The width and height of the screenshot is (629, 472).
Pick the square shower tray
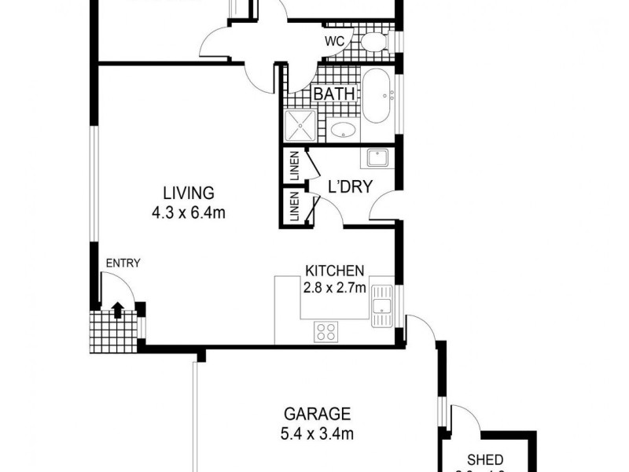click(300, 125)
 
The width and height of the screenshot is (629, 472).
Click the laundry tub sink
click(375, 158)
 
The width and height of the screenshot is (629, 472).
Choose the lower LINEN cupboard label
click(293, 207)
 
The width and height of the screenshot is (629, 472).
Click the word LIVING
click(189, 193)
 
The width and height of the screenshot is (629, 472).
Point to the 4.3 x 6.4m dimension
click(189, 212)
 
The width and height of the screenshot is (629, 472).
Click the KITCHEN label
click(334, 271)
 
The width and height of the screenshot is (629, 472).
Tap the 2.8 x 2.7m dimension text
click(334, 287)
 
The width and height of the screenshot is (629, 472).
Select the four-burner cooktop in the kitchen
click(326, 332)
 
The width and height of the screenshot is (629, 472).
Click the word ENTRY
click(123, 264)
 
